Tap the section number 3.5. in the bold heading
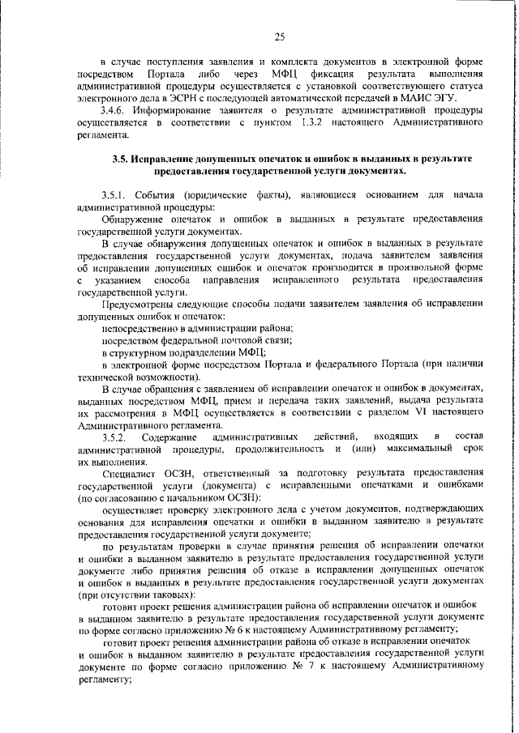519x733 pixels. coord(123,159)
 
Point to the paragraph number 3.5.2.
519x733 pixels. coord(114,437)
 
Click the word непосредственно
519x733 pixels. coord(139,328)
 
